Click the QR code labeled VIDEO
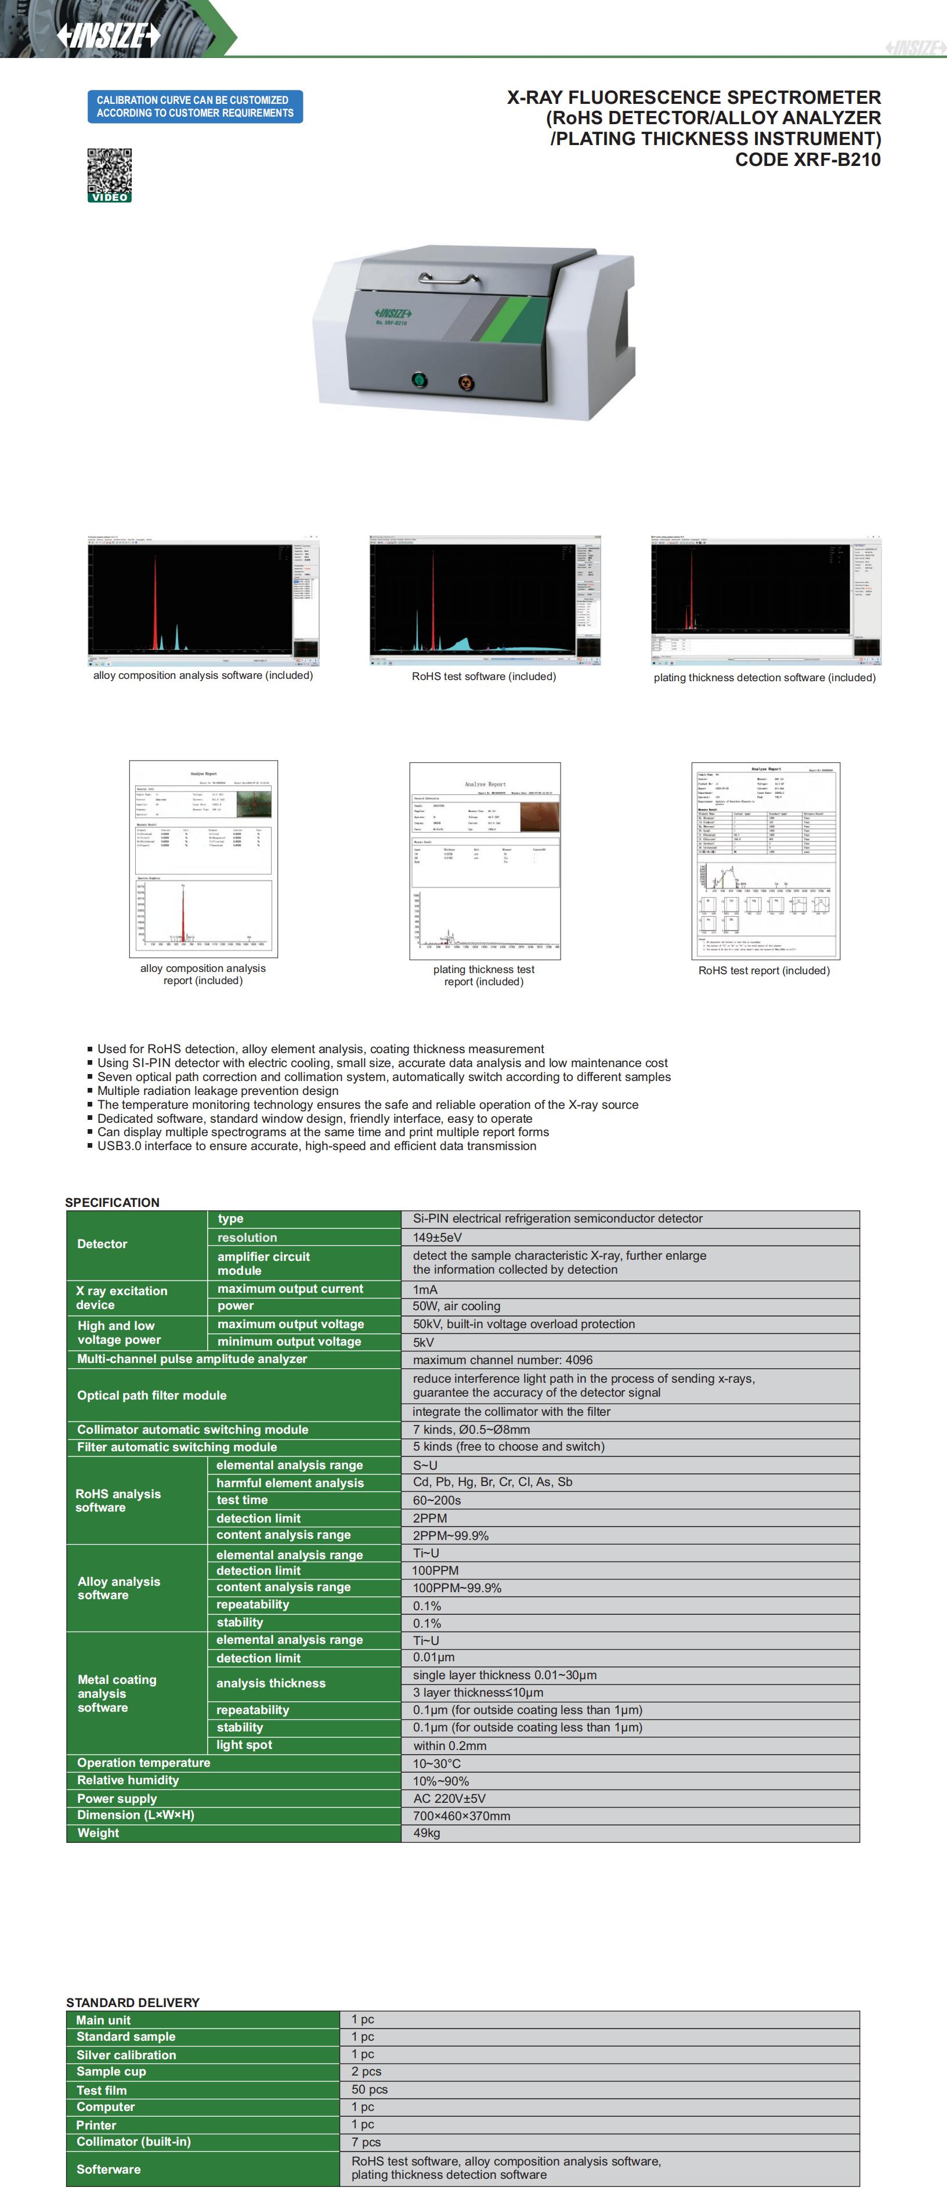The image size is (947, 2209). [x=110, y=174]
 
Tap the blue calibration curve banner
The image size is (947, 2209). [x=195, y=106]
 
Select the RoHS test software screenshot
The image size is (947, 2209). [x=485, y=601]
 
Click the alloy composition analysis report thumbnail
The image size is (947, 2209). [x=203, y=858]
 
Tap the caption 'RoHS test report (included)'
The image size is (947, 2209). [x=764, y=971]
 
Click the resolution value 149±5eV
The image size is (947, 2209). [x=438, y=1238]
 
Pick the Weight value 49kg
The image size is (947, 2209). [x=426, y=1834]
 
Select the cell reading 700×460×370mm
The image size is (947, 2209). [x=461, y=1816]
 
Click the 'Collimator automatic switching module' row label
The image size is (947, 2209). [x=192, y=1430]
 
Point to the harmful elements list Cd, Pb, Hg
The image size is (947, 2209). [x=493, y=1482]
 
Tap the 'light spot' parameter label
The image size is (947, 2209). [x=244, y=1745]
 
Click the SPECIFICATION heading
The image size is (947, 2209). [x=113, y=1202]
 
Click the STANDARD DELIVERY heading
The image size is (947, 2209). [x=133, y=2002]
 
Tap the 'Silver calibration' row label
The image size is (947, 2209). [x=126, y=2055]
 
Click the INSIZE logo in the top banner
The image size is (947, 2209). [x=109, y=35]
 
